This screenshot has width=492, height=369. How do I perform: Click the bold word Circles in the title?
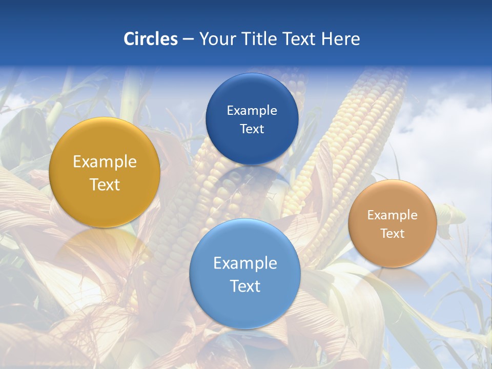150,38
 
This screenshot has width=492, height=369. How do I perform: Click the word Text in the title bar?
299,38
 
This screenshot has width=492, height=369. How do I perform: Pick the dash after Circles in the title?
188,39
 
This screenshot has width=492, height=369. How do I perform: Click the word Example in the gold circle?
105,161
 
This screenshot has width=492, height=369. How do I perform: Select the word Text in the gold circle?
105,184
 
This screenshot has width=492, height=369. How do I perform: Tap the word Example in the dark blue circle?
252,110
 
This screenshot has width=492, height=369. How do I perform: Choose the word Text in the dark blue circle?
252,129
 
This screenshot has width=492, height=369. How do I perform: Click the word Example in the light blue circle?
245,263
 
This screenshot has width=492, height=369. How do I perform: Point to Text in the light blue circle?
245,286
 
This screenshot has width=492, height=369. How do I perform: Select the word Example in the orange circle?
392,215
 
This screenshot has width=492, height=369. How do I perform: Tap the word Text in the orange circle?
392,233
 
